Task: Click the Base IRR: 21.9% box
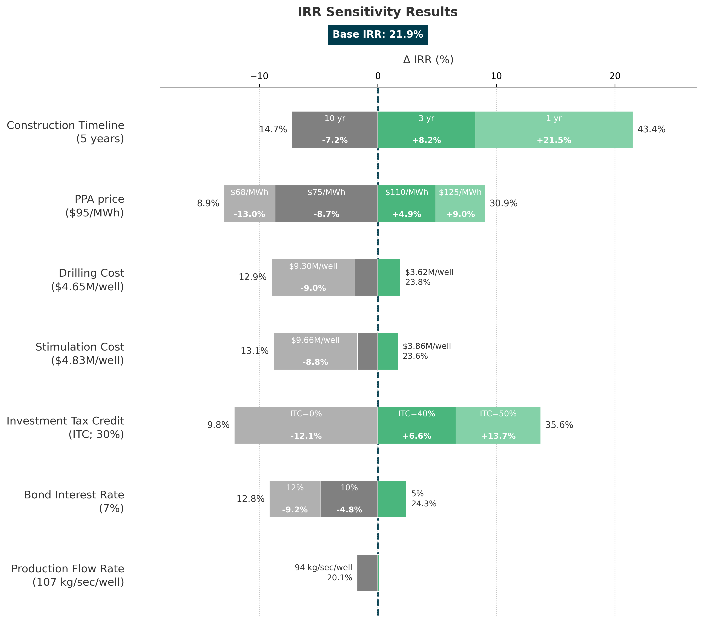[x=378, y=35]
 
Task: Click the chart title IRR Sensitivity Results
[x=378, y=12]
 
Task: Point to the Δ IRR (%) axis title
[x=428, y=60]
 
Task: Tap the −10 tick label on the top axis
[x=259, y=76]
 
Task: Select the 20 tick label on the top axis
[x=615, y=76]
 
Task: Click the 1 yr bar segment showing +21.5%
[x=554, y=130]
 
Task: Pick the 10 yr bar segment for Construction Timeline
[x=335, y=130]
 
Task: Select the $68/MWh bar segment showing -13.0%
[x=249, y=204]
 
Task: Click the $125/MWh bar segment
[x=460, y=204]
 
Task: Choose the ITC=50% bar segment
[x=498, y=425]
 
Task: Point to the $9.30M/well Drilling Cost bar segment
[x=313, y=277]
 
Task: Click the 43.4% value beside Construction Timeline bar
[x=651, y=130]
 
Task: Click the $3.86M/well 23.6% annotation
[x=427, y=351]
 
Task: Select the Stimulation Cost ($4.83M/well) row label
[x=80, y=354]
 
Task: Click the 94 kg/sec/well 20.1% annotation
[x=323, y=573]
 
